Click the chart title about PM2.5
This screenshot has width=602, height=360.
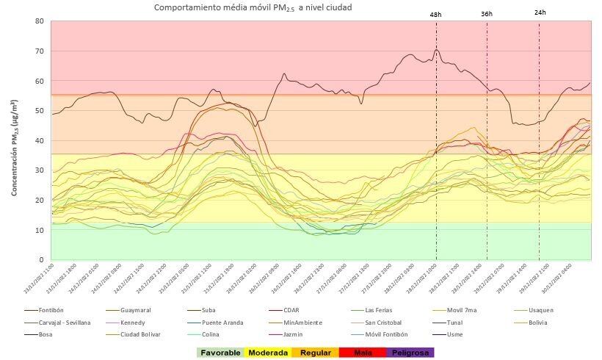pos(253,7)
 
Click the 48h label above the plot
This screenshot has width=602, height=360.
pos(436,14)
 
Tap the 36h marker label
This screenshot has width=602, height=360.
pos(487,14)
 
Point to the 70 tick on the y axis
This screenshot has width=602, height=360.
pos(39,51)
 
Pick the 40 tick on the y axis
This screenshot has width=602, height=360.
pos(39,140)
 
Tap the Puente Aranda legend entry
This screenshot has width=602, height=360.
pos(222,322)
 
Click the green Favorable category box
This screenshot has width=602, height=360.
pos(220,352)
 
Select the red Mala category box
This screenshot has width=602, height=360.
pos(363,352)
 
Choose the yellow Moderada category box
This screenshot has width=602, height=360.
pos(268,352)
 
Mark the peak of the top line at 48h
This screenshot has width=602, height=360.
pos(436,49)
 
